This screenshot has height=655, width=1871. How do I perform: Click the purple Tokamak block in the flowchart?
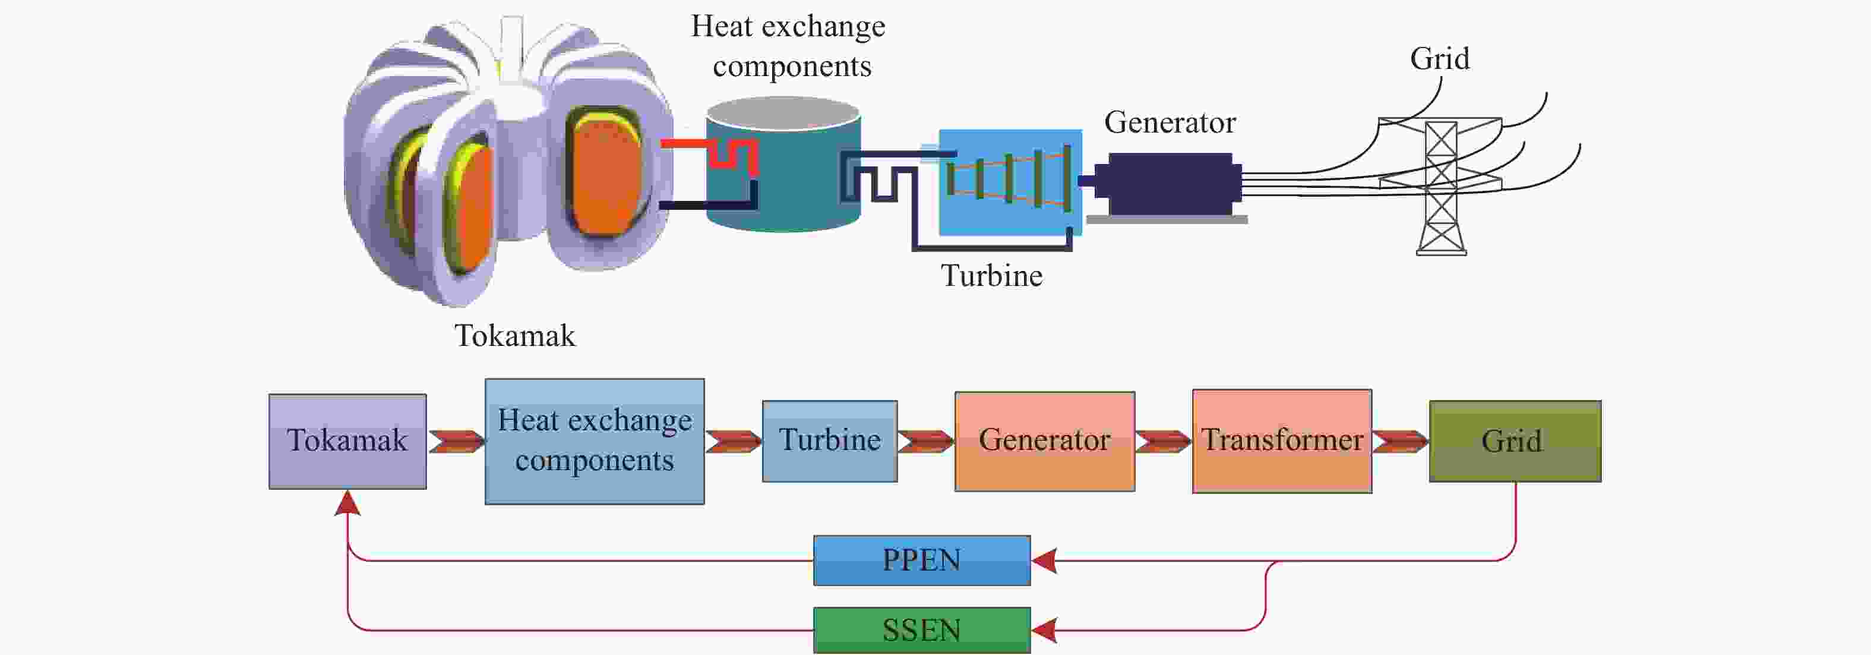347,441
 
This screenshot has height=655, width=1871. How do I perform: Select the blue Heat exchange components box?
594,441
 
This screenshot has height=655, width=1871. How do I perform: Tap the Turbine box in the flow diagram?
829,441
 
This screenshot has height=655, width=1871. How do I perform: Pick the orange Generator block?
1044,441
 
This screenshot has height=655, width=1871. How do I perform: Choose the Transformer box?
1282,441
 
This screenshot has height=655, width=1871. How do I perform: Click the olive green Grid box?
1515,441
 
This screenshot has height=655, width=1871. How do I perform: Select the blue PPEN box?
922,560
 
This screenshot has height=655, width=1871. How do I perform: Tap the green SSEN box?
922,630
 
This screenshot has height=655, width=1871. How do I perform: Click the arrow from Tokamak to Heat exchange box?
456,441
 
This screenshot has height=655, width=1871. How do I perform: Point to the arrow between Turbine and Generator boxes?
926,441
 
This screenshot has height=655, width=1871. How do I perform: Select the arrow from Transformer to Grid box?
1401,441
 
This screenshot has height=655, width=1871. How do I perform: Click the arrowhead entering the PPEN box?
1044,560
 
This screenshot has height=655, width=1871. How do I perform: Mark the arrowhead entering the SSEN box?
1044,630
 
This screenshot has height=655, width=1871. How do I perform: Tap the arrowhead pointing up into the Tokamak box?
348,502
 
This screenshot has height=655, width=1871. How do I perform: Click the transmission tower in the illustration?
1441,186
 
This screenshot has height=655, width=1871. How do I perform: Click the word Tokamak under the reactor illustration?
515,336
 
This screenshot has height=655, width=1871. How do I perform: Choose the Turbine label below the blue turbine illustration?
991,276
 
